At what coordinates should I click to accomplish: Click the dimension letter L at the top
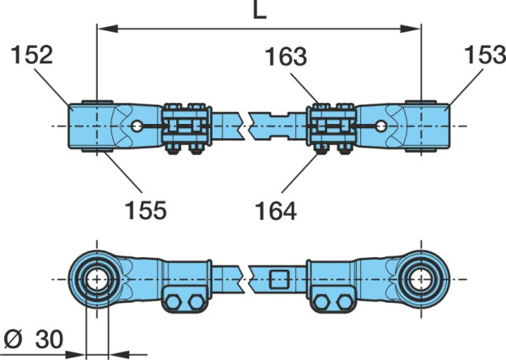coord(260,9)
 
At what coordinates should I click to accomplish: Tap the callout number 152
coord(32,55)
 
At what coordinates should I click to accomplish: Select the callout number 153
coord(485,54)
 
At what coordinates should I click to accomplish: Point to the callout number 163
coord(286,56)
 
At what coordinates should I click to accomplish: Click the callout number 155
coord(146,210)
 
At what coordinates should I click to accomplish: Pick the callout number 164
coord(276,212)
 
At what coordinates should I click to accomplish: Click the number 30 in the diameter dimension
coord(49,340)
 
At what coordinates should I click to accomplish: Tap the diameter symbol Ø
coord(13,340)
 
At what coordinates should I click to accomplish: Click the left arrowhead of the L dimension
coord(107,29)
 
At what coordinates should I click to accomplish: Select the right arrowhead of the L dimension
coord(411,29)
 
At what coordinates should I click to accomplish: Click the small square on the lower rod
coord(279,279)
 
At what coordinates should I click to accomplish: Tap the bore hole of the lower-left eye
coord(97,279)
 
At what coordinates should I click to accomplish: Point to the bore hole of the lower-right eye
coord(421,279)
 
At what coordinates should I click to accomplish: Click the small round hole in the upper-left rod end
coord(137,126)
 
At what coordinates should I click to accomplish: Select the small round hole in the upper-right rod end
coord(381,126)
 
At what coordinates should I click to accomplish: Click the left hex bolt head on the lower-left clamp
coord(173,303)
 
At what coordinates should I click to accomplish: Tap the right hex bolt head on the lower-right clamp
coord(345,303)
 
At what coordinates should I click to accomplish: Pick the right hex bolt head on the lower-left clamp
coord(196,303)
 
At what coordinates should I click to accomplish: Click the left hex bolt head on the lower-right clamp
coord(321,303)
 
